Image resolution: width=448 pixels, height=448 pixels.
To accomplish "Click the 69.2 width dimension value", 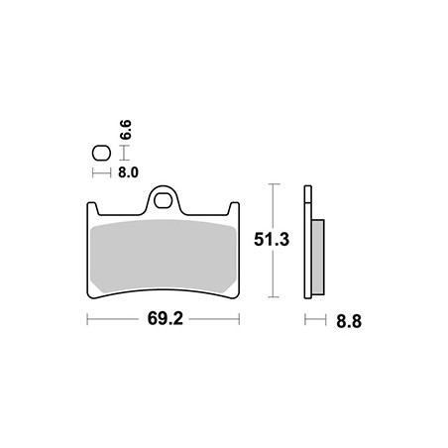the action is point(165,319).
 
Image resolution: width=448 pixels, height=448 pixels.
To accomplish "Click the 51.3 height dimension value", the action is point(272,240).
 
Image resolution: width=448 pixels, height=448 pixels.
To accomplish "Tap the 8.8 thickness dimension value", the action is point(349,321).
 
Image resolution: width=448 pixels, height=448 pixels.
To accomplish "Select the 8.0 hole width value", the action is point(128,172).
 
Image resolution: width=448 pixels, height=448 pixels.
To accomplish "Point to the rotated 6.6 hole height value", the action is point(126,130).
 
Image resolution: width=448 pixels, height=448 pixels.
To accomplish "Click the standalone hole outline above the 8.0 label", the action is point(101,154).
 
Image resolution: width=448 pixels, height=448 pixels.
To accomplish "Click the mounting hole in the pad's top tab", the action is point(163,201).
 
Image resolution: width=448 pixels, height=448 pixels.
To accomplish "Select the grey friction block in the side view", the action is point(318,257).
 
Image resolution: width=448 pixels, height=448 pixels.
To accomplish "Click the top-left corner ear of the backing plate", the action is point(92,207).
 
